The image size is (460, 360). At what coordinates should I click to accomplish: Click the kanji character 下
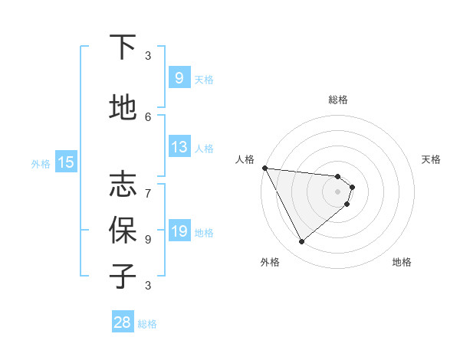click(x=123, y=47)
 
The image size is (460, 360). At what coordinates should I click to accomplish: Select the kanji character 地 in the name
click(x=123, y=108)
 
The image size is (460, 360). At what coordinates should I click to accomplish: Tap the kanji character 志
click(x=123, y=184)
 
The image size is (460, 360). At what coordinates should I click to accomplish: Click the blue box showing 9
click(x=179, y=78)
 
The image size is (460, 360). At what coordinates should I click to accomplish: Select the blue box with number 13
click(x=179, y=147)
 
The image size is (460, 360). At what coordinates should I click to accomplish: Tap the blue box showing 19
click(x=179, y=231)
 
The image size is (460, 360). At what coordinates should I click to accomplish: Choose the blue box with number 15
click(x=65, y=162)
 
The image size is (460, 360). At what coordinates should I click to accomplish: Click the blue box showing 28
click(x=123, y=322)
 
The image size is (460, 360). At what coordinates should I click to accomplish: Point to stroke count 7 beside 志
click(x=148, y=185)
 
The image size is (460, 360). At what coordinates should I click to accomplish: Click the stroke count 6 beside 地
click(x=148, y=116)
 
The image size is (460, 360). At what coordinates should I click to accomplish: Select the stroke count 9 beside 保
click(x=148, y=239)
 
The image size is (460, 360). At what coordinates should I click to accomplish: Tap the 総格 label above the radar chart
click(x=337, y=100)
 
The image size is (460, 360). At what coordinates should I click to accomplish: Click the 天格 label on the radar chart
click(x=432, y=159)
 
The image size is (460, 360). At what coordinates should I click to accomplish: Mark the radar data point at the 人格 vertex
click(x=264, y=168)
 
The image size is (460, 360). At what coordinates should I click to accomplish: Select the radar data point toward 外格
click(x=301, y=242)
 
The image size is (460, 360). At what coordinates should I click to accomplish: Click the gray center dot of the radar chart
click(x=337, y=191)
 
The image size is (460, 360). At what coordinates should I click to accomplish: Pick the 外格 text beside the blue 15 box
click(x=41, y=163)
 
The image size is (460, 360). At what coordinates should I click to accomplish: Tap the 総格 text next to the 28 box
click(x=147, y=324)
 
